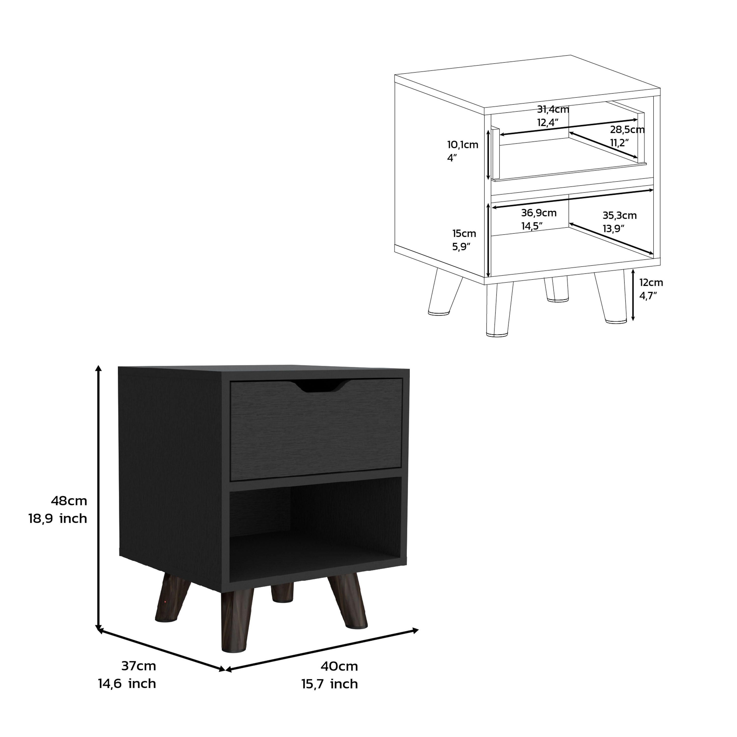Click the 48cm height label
(69, 500)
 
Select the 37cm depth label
(139, 666)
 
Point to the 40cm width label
(339, 666)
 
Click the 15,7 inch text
(330, 684)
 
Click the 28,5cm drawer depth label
(627, 130)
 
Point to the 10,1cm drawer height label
(463, 145)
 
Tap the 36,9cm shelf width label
(539, 213)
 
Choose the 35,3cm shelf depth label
(620, 215)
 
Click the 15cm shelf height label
(464, 233)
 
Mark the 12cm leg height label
(651, 283)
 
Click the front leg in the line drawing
(499, 311)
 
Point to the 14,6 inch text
(127, 684)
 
